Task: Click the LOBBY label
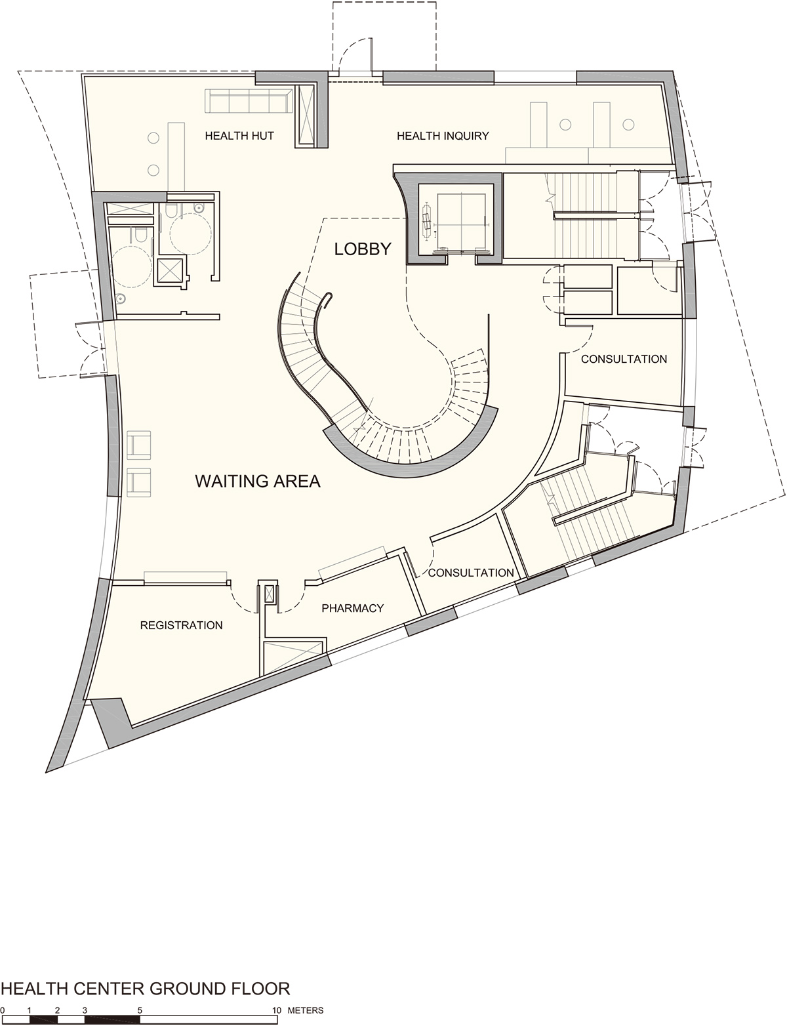[x=363, y=249]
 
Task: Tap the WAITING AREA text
[x=258, y=482]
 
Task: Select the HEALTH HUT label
[x=239, y=136]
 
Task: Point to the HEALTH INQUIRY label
[x=443, y=136]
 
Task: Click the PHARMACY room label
[x=352, y=608]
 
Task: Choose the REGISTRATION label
[x=182, y=625]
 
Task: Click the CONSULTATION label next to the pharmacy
[x=471, y=573]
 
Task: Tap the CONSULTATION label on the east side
[x=624, y=359]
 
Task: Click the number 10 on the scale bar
[x=276, y=1010]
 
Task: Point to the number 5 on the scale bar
[x=140, y=1010]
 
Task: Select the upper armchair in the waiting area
[x=138, y=445]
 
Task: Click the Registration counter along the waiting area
[x=186, y=577]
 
